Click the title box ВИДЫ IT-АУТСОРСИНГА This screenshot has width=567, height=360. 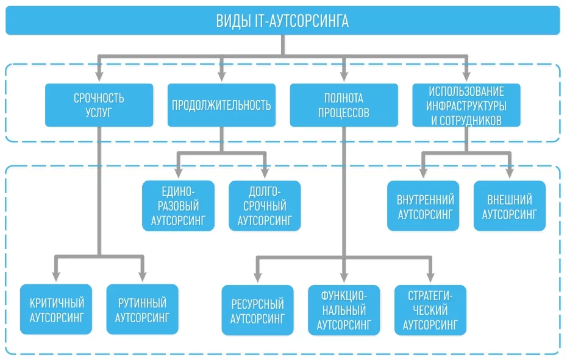tap(283, 21)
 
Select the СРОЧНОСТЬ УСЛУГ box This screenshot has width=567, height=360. tap(99, 105)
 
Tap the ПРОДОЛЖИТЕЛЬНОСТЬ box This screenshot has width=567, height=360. tap(221, 105)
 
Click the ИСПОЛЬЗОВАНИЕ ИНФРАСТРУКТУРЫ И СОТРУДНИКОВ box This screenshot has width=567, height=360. tap(466, 105)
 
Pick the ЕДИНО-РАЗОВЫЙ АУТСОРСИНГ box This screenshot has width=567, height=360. tap(179, 206)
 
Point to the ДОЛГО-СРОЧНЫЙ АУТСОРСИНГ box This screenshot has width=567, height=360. tap(265, 206)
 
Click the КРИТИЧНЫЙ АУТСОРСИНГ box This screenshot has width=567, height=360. tap(56, 309)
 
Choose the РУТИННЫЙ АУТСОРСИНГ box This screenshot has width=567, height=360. tap(142, 309)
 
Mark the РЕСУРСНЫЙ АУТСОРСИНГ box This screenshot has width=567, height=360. tap(257, 310)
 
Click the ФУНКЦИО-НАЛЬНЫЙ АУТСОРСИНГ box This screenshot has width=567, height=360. tap(344, 310)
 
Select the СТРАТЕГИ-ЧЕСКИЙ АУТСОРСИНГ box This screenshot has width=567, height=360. tap(430, 310)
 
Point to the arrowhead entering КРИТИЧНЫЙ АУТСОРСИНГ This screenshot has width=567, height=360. tap(56, 278)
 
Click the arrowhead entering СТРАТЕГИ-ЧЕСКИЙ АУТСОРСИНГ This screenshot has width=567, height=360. tap(430, 279)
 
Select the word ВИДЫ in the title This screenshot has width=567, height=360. tap(232, 21)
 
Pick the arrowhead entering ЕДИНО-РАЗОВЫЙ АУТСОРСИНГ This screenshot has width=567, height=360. tap(179, 175)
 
